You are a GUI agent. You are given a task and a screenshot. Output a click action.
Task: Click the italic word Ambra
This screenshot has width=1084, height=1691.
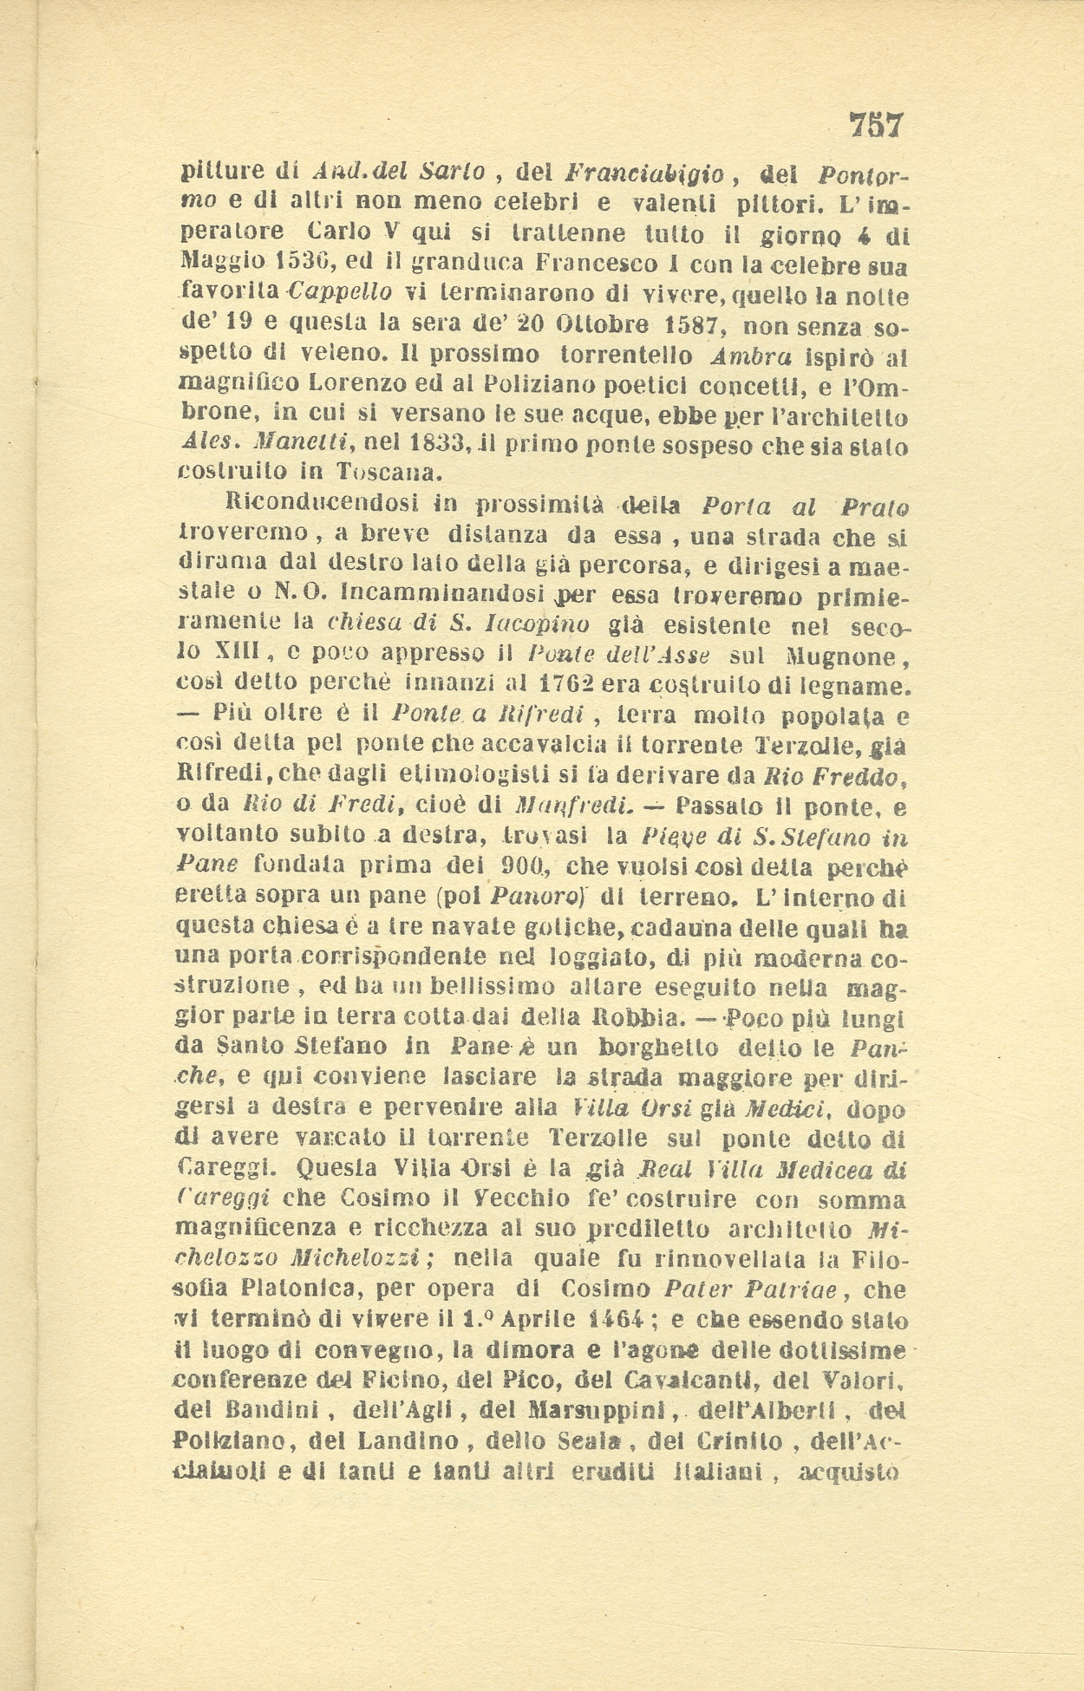pos(748,356)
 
